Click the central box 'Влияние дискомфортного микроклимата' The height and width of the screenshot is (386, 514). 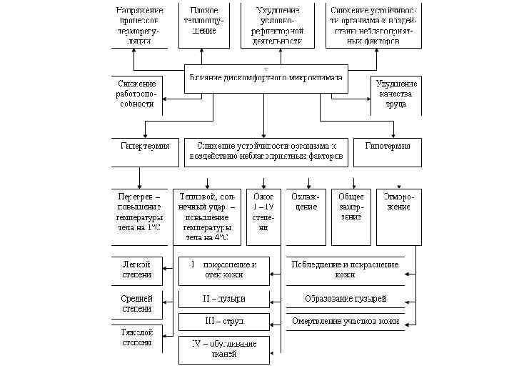coord(265,79)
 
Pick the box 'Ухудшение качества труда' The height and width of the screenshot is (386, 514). coord(396,94)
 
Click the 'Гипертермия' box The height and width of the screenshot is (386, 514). coord(143,147)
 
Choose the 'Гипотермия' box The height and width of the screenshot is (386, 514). coord(388,147)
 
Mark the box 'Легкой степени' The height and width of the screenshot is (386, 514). coord(136,269)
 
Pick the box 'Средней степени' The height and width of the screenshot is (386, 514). coord(136,303)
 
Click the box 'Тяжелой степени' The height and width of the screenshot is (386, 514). coord(136,337)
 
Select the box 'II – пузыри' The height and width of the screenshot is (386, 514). coord(223,298)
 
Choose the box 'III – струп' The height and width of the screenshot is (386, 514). coord(223,322)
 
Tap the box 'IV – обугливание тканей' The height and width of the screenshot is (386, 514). coord(223,349)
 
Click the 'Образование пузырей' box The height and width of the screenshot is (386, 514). coord(346,298)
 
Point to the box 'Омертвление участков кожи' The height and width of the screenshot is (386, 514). coord(346,322)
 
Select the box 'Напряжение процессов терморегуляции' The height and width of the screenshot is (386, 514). coord(139,26)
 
